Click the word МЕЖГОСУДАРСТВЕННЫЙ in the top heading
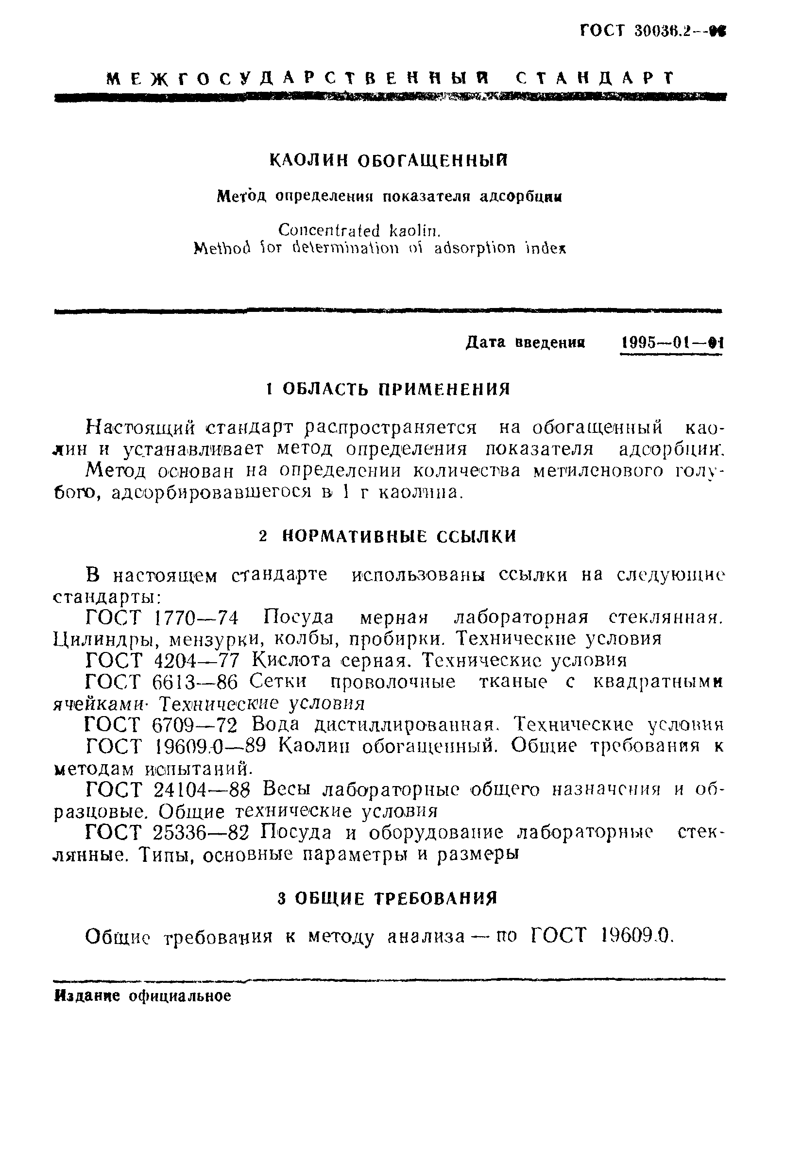(298, 79)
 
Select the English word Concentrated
(329, 231)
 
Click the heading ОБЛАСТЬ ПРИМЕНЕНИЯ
(396, 389)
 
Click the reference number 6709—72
(194, 725)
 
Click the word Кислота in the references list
(291, 661)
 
